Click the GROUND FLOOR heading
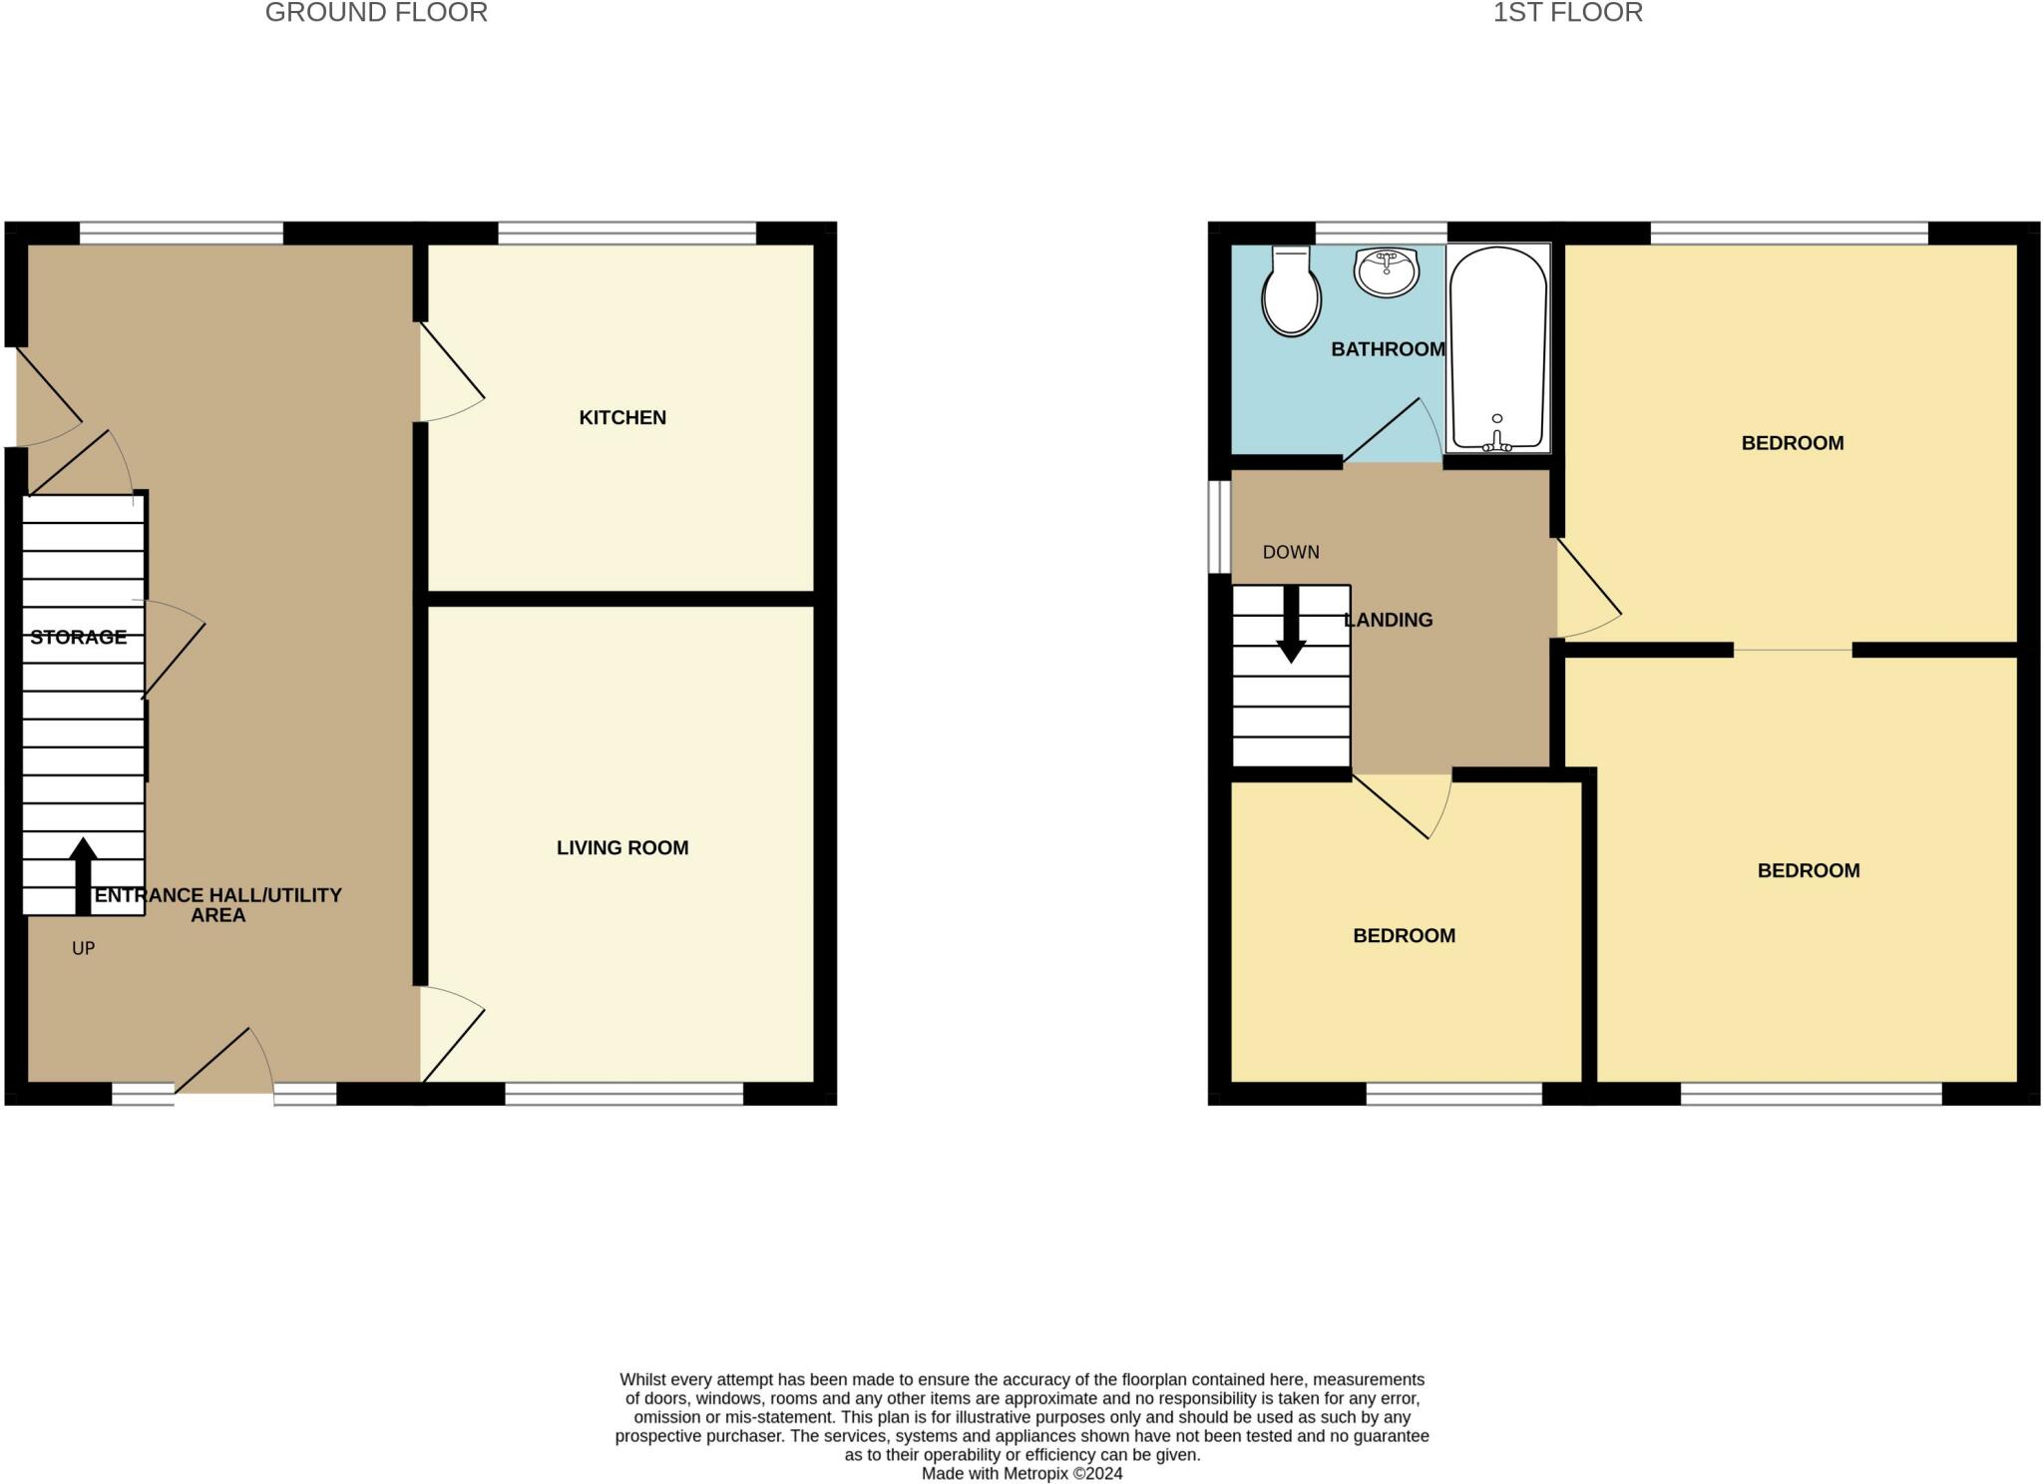[x=376, y=13]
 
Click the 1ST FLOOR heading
[x=1567, y=13]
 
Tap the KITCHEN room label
[x=622, y=417]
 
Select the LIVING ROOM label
[x=622, y=847]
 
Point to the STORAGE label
[x=78, y=637]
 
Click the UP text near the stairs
[x=83, y=948]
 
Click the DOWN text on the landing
[x=1291, y=552]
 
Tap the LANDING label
[x=1389, y=620]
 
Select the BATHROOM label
[x=1388, y=349]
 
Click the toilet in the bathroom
[x=1292, y=291]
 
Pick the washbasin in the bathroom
[x=1387, y=272]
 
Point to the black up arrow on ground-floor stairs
[x=83, y=876]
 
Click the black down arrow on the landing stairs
[x=1291, y=624]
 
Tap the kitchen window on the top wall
[x=627, y=234]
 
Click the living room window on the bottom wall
[x=624, y=1094]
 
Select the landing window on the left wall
[x=1219, y=528]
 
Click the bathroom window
[x=1381, y=234]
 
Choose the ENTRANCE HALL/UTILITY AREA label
[x=217, y=905]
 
